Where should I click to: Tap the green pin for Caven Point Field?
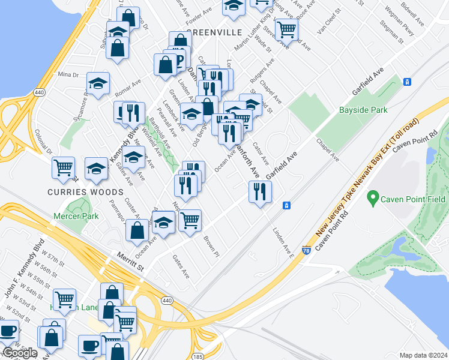373,197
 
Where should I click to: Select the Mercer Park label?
75,215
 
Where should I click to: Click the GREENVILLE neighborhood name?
214,32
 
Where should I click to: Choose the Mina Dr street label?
68,75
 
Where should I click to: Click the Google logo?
20,353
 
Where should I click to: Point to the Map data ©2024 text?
423,355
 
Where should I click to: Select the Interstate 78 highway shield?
306,250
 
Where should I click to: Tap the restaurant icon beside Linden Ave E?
260,192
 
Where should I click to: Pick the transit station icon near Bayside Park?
407,82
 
